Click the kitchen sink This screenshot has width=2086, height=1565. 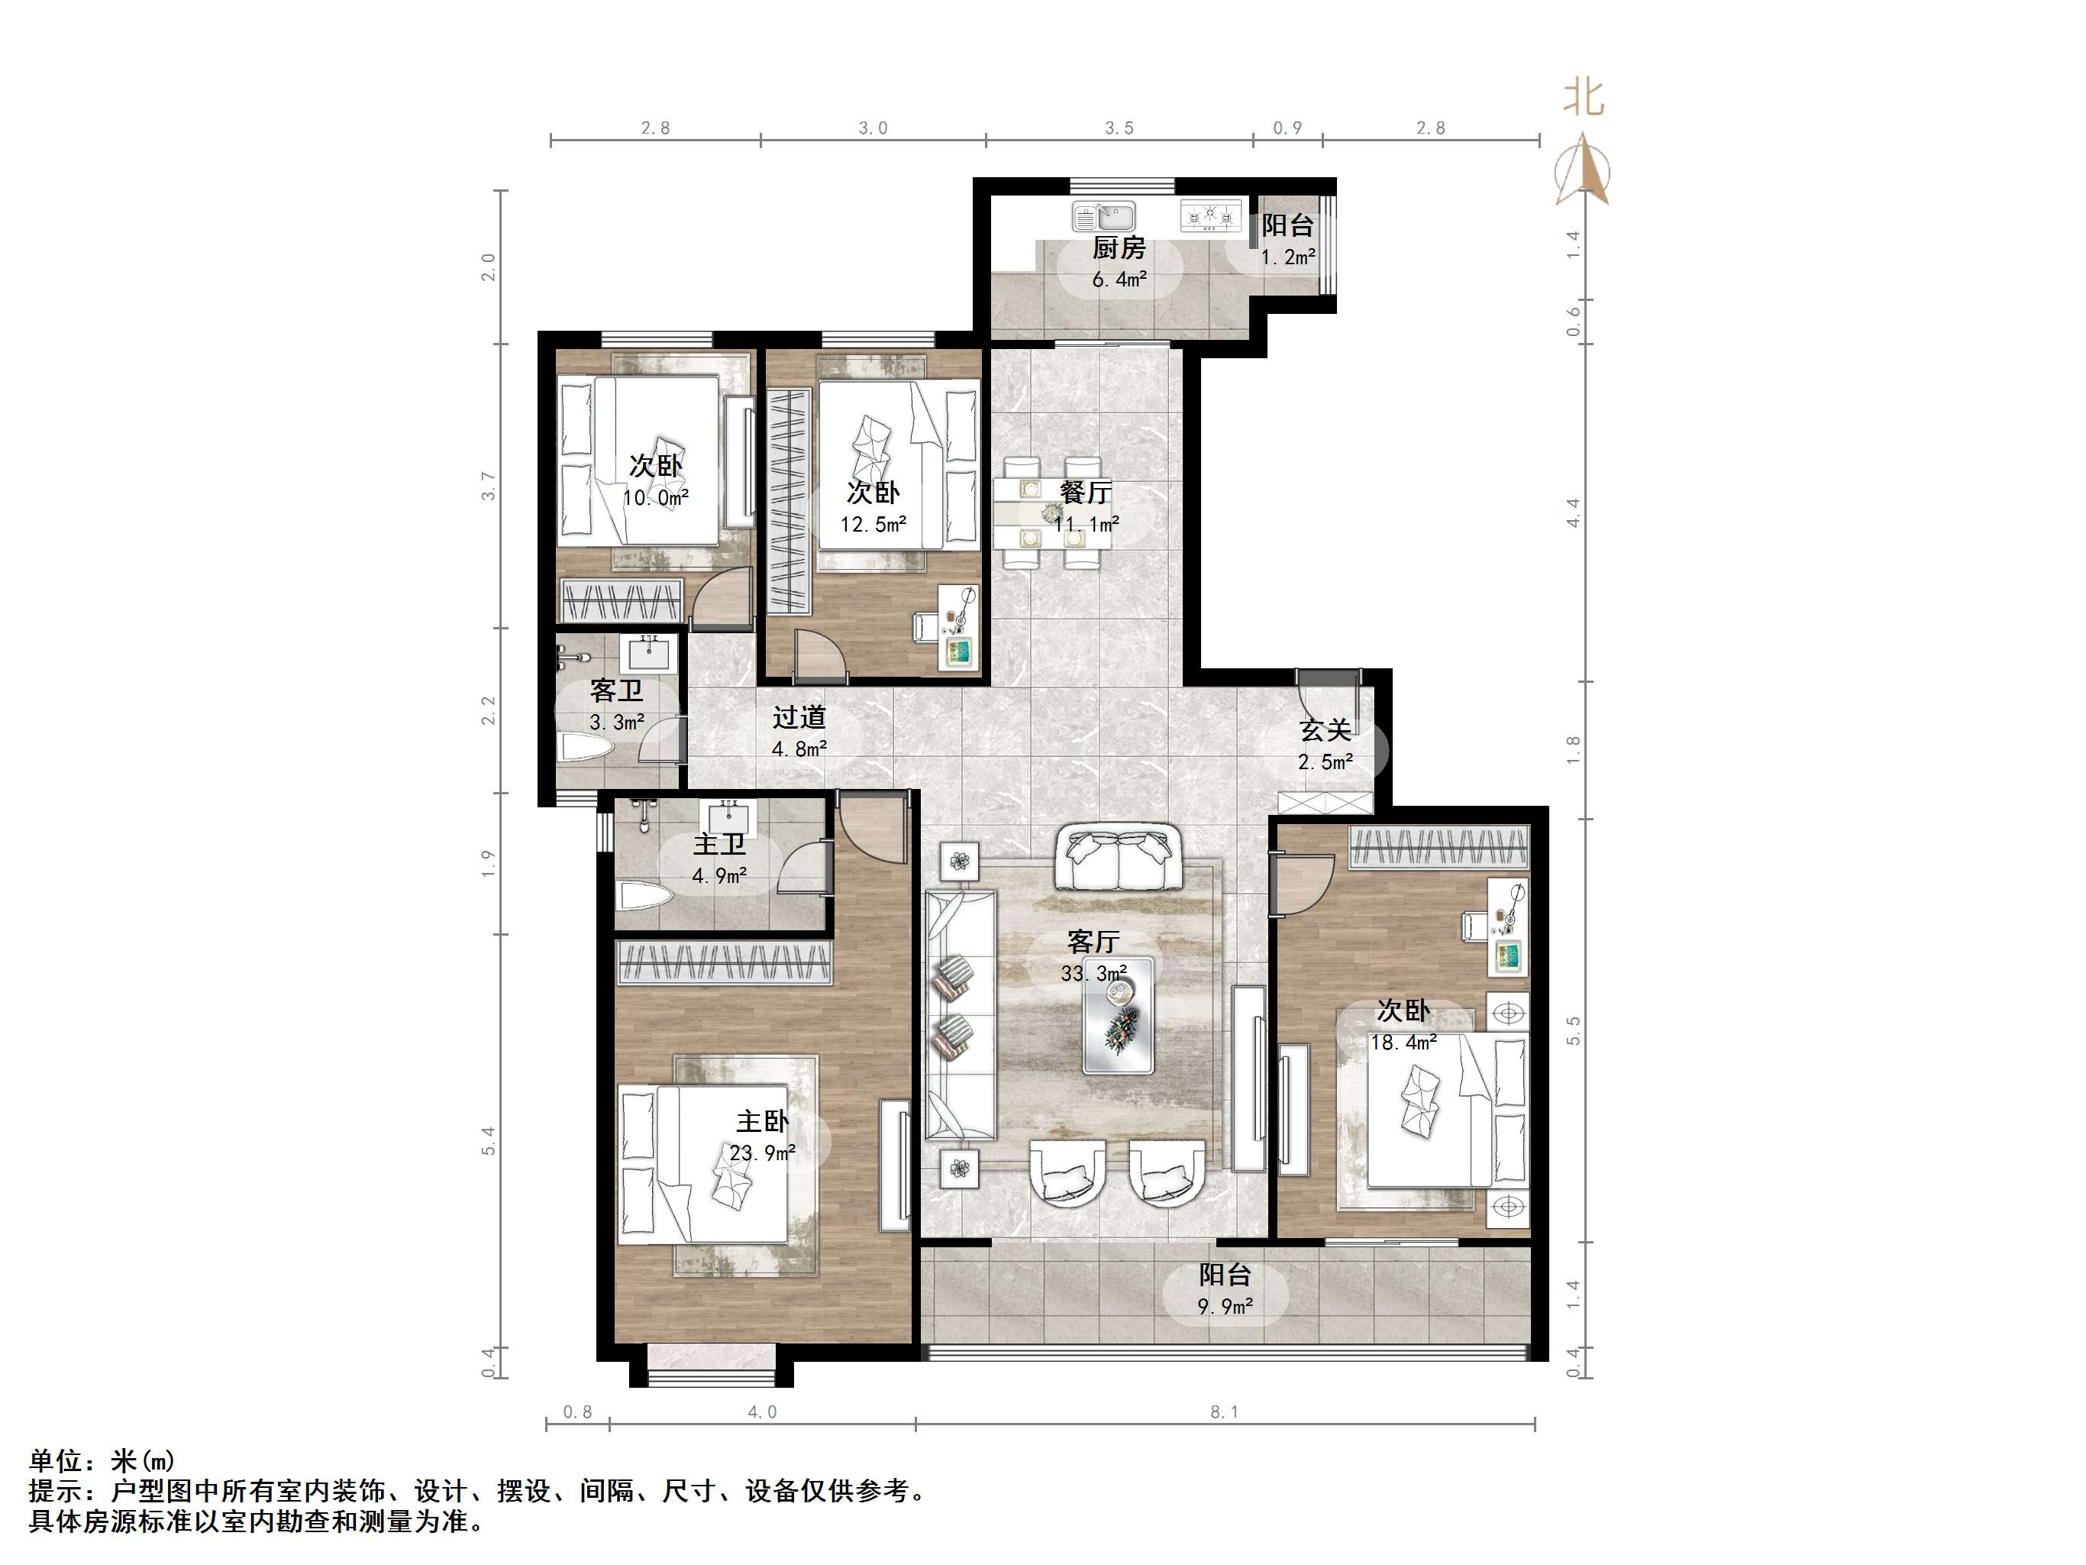tap(1103, 217)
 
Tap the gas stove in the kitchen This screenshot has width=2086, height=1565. tap(1211, 217)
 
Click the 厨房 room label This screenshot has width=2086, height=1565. tap(1119, 248)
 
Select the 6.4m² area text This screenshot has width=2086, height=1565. tap(1119, 280)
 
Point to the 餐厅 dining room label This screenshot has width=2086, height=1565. tap(1086, 493)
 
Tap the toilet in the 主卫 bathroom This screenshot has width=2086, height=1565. tap(642, 895)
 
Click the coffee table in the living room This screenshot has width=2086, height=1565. tap(1119, 1015)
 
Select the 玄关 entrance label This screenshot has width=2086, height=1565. tap(1325, 729)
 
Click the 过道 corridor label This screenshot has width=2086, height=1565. tap(799, 717)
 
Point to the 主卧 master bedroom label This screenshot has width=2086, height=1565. tap(762, 1122)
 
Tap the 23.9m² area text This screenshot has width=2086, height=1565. tap(762, 1153)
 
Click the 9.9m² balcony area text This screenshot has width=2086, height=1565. tap(1225, 1307)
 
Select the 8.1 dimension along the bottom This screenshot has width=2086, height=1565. tap(1224, 1411)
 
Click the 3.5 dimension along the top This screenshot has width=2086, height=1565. tap(1119, 128)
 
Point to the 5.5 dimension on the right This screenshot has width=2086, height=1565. tap(1573, 1030)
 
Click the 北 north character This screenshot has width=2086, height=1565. tap(1584, 97)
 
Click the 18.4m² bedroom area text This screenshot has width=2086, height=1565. tap(1403, 1043)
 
